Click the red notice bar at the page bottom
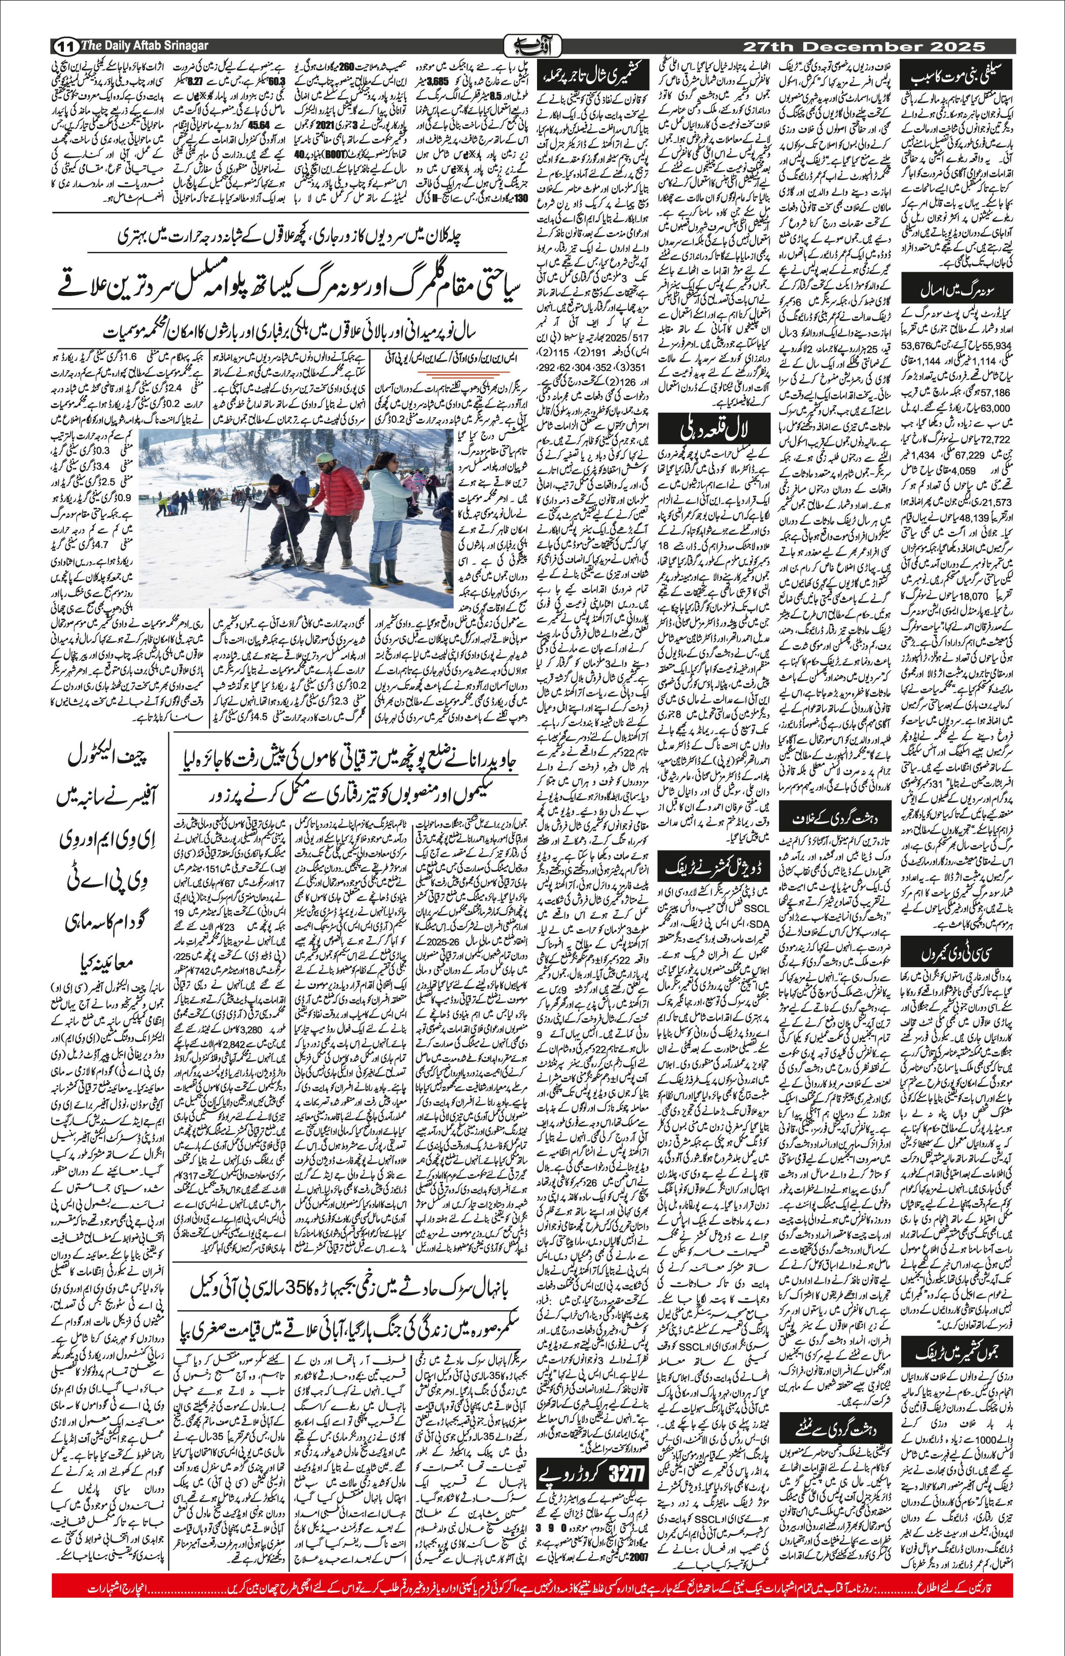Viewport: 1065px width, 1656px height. [532, 1618]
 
